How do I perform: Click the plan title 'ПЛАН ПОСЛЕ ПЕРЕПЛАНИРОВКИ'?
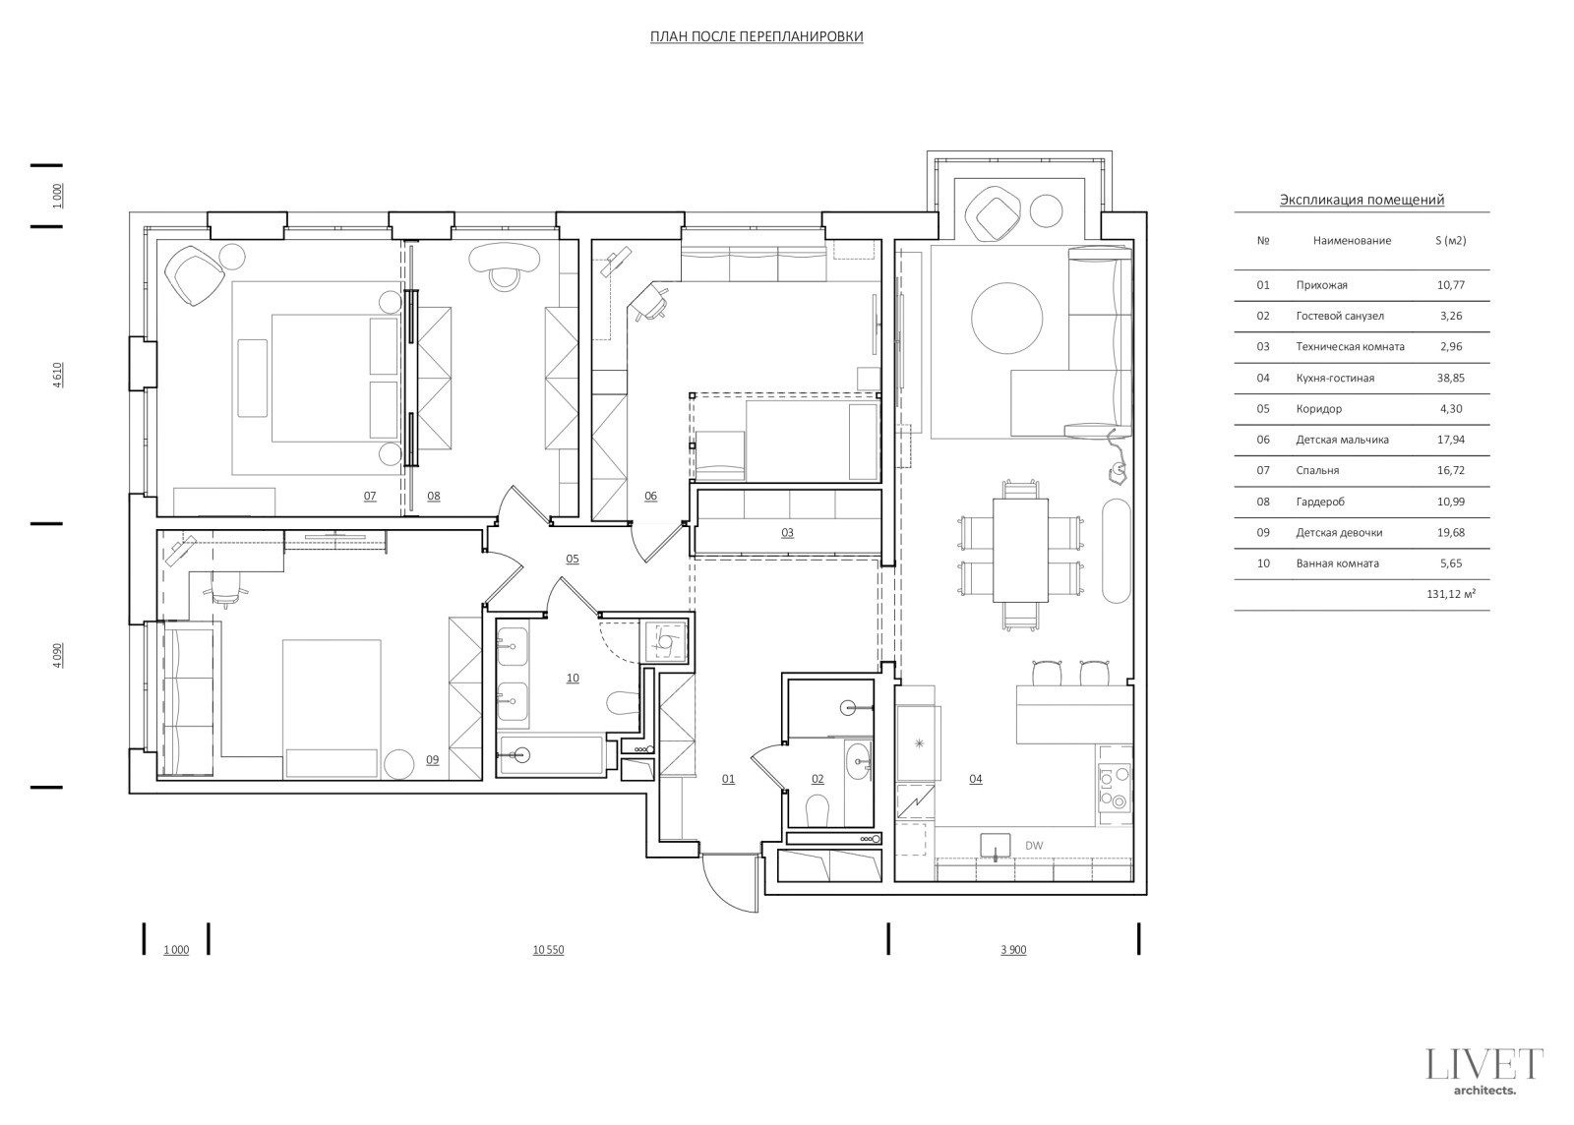[x=757, y=36]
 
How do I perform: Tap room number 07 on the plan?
[x=370, y=497]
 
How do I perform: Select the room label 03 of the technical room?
[x=787, y=533]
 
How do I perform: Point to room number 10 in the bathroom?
[x=572, y=679]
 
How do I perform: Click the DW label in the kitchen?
[x=1034, y=846]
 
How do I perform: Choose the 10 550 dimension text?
[x=548, y=950]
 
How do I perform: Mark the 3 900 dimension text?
[x=1013, y=950]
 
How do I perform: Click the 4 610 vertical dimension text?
[x=58, y=376]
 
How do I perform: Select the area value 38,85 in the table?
[x=1451, y=378]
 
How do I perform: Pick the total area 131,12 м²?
[x=1451, y=594]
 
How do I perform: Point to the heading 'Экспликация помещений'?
[x=1362, y=200]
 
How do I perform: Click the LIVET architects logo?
[x=1484, y=1071]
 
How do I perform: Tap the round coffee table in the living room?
[x=1006, y=318]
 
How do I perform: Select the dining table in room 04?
[x=1020, y=551]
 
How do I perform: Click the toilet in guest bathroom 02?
[x=817, y=811]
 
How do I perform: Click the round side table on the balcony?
[x=1046, y=210]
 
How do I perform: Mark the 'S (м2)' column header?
[x=1450, y=240]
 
